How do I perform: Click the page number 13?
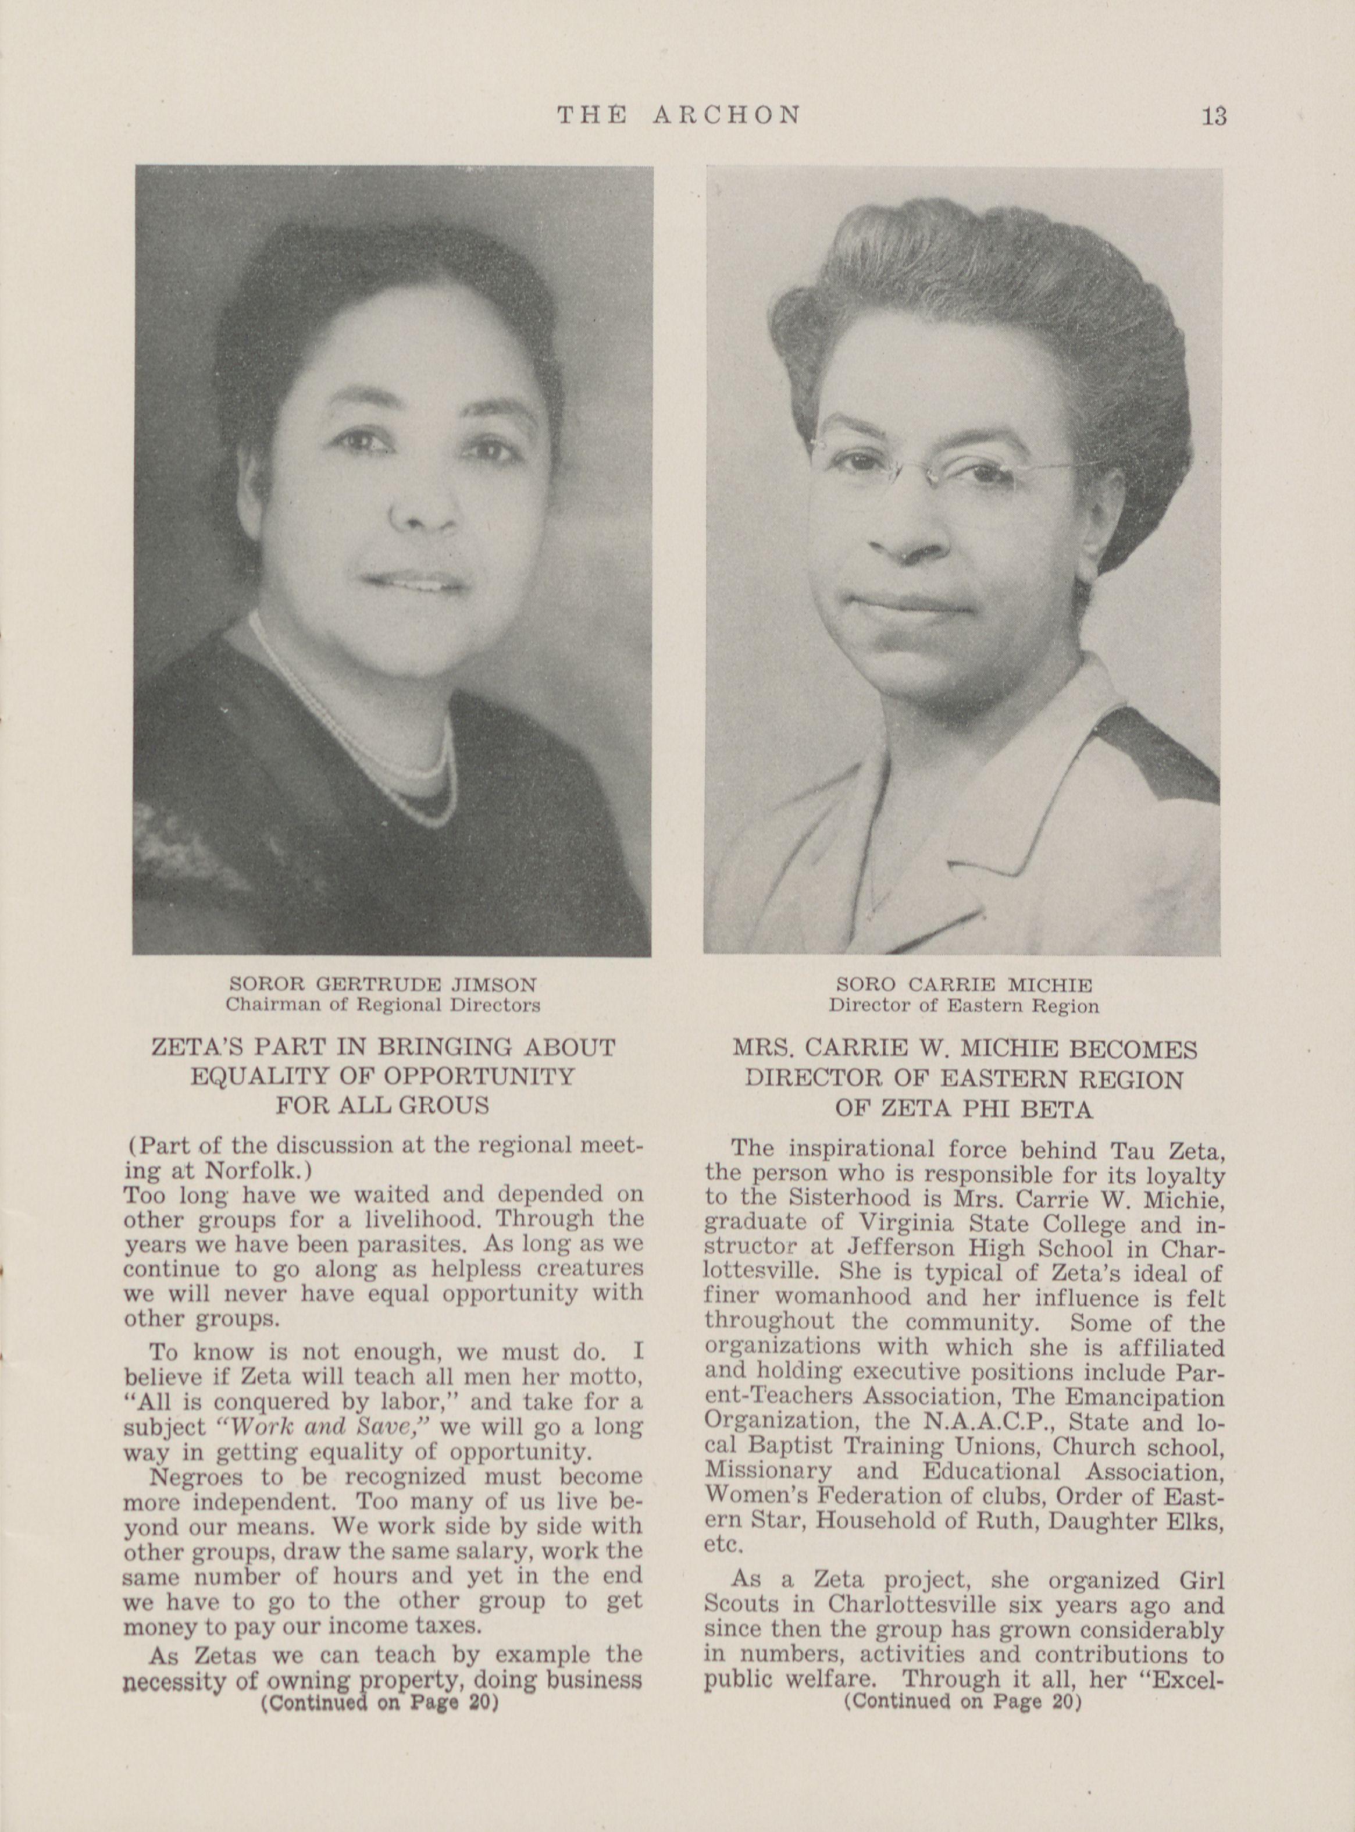point(1214,116)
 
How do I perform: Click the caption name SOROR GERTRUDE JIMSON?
point(383,984)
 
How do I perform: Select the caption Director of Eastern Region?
point(963,1005)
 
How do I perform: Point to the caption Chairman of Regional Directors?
point(383,1004)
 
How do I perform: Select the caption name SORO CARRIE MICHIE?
point(964,984)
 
